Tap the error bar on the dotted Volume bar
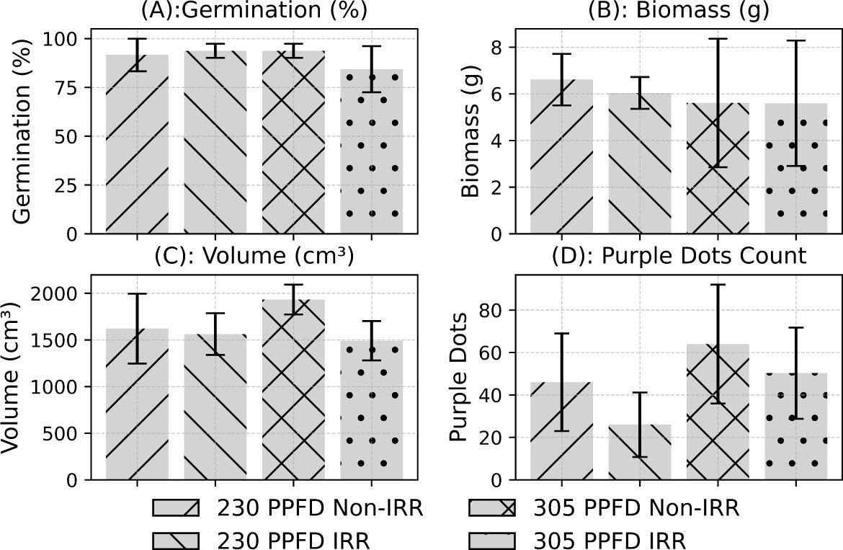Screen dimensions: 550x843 click(x=371, y=340)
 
